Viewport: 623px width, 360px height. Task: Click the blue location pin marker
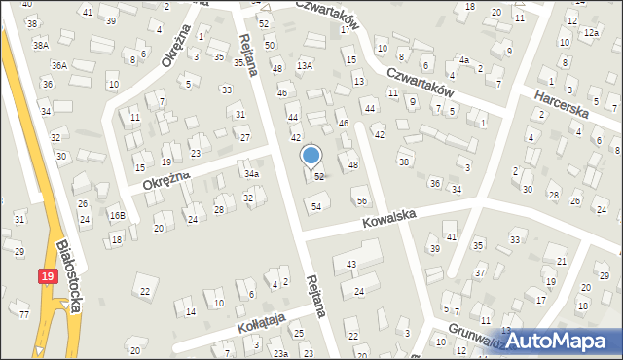point(311,156)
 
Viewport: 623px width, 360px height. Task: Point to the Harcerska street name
point(562,102)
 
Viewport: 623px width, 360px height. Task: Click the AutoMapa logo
point(558,341)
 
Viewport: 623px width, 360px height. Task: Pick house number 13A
point(305,65)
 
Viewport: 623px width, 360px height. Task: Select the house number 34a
point(252,174)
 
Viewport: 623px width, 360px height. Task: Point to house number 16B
point(117,215)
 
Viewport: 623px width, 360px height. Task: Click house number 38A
point(40,45)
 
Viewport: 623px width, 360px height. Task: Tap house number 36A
point(59,65)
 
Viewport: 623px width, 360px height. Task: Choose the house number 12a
point(591,33)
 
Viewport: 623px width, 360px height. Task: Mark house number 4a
point(464,60)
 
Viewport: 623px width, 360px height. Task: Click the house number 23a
point(280,353)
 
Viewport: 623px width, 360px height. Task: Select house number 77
point(24,314)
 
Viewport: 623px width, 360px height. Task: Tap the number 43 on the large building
point(350,265)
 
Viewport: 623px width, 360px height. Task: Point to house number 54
point(314,206)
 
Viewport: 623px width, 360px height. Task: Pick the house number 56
point(362,200)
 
